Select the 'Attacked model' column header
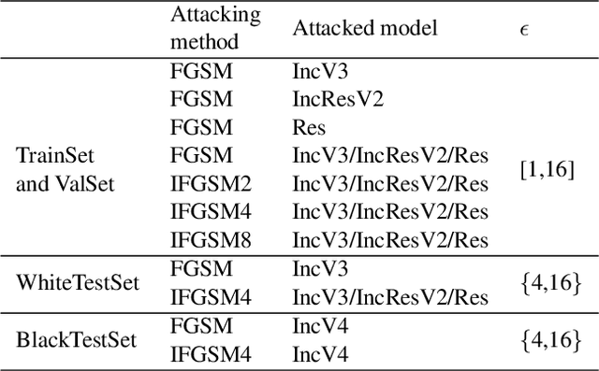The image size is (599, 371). [364, 29]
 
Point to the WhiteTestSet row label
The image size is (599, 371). [78, 283]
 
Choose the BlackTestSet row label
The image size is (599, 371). [76, 339]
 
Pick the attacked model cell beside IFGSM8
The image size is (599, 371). [390, 238]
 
